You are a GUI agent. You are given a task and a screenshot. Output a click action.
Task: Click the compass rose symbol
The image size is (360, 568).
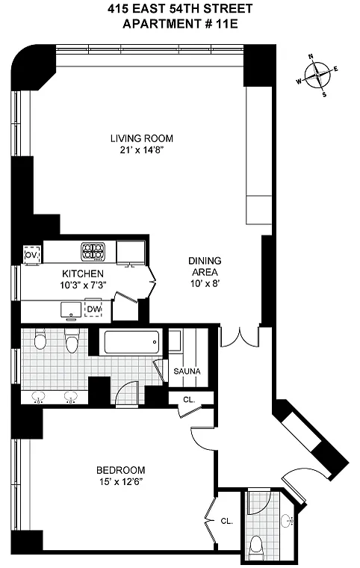(317, 75)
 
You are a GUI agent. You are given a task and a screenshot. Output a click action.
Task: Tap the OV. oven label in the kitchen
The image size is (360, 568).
(31, 255)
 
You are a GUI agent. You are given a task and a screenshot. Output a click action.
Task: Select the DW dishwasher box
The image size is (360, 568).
(93, 309)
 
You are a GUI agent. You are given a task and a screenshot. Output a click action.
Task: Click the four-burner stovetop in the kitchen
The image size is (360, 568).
(93, 250)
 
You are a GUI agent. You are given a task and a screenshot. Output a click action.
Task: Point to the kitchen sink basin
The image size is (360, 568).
(71, 309)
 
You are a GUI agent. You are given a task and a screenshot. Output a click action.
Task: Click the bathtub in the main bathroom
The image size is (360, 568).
(131, 342)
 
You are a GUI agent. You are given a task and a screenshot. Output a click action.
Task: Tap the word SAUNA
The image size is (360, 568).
(187, 371)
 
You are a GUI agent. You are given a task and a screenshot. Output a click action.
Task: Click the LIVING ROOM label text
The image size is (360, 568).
(142, 138)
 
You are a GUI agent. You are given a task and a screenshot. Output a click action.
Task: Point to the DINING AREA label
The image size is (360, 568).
(205, 266)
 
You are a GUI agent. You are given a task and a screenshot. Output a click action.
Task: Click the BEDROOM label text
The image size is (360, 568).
(120, 470)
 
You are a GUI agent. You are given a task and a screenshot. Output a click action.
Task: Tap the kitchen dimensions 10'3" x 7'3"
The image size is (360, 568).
(83, 285)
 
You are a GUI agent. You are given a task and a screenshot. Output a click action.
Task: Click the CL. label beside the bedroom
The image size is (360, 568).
(227, 521)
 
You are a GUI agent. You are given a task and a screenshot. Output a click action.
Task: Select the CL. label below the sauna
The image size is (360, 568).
(189, 400)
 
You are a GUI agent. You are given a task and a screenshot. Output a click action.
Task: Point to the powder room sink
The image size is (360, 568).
(288, 521)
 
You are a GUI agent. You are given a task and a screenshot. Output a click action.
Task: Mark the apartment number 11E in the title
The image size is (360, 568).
(229, 24)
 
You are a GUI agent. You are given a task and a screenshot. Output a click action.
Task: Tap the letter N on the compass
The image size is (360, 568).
(311, 56)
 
